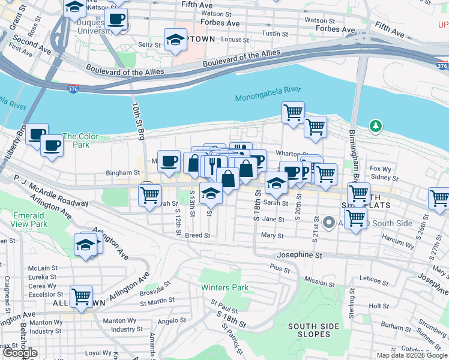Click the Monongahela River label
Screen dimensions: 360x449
[268, 94]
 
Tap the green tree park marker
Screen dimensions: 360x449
[376, 126]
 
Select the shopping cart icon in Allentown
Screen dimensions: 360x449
[81, 296]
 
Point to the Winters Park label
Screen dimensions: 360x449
[224, 287]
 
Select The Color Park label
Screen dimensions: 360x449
[76, 140]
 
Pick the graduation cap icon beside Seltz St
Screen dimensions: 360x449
[175, 40]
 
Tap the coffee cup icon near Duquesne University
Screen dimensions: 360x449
[116, 19]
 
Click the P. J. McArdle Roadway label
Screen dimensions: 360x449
[51, 193]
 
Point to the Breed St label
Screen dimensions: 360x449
[197, 235]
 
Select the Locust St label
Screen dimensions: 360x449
[235, 40]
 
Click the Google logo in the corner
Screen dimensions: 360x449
[19, 353]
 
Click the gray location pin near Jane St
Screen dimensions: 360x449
[328, 223]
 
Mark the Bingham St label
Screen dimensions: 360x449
[122, 172]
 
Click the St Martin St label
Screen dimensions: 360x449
[157, 300]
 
